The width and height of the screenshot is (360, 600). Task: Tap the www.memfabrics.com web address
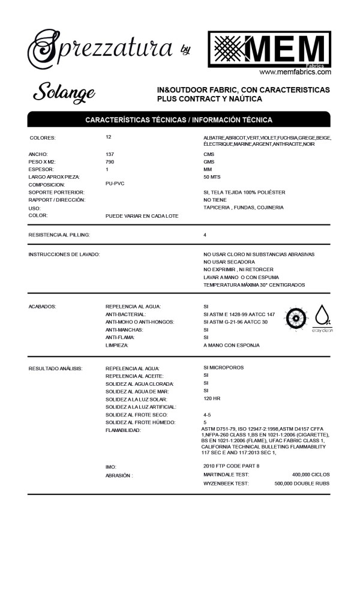point(295,72)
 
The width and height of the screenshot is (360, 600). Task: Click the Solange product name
point(64,92)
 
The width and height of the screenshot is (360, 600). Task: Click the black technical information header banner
point(179,119)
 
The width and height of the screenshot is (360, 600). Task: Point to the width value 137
point(110,154)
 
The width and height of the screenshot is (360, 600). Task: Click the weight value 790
point(110,162)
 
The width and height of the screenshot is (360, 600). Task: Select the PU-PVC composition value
point(115,184)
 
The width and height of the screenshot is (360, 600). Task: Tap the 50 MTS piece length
point(213,177)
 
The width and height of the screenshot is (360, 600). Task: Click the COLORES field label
point(42,138)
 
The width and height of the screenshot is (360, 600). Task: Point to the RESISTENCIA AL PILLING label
point(59,235)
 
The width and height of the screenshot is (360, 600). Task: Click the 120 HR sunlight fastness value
point(212,399)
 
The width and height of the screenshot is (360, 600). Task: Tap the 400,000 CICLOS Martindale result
point(310,475)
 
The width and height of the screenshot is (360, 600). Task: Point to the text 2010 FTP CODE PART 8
point(232,466)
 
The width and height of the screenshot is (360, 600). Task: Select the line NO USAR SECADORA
point(229,262)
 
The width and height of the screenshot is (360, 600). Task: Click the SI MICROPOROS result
point(223,367)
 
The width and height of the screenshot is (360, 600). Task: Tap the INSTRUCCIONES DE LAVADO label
point(64,254)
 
